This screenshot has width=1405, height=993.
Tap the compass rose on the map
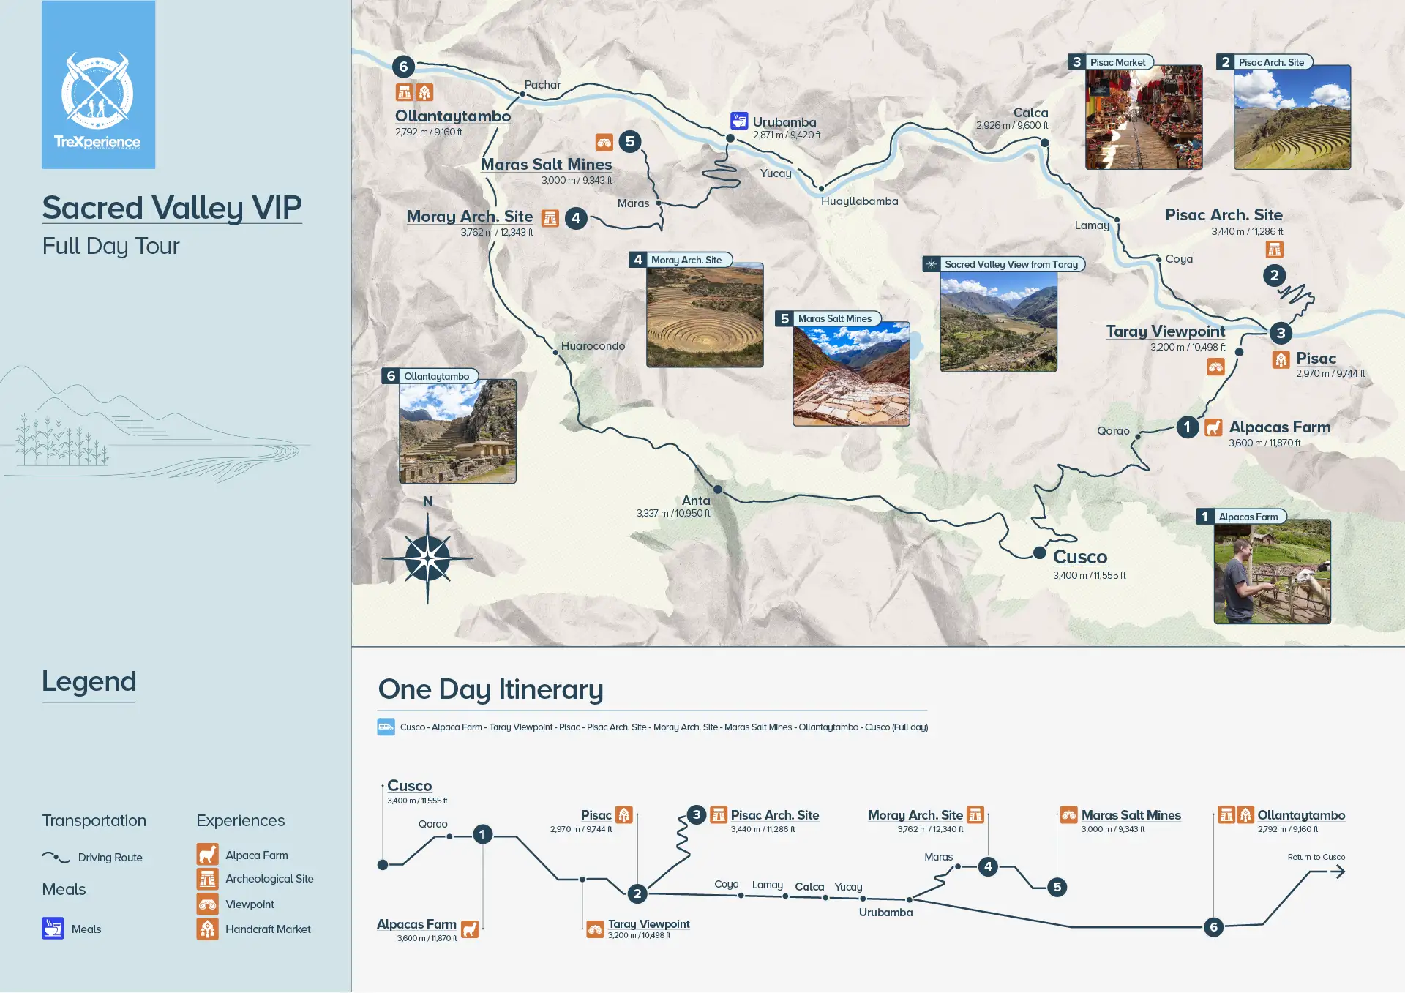427,558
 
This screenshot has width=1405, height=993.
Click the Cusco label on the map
1079,557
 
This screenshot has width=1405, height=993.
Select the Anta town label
696,501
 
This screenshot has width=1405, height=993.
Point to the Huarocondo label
593,346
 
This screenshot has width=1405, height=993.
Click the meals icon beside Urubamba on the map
739,121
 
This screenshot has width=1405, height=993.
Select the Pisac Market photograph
1143,117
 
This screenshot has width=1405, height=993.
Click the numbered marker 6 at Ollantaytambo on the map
403,67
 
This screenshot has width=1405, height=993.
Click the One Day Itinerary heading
490,689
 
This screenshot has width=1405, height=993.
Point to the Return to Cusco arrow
1336,871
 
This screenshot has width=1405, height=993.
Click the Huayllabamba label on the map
859,201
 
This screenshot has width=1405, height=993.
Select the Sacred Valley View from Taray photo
998,322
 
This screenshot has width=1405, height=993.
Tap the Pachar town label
542,85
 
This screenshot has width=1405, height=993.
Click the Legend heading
89,681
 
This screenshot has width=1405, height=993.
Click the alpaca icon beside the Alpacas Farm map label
1213,427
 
